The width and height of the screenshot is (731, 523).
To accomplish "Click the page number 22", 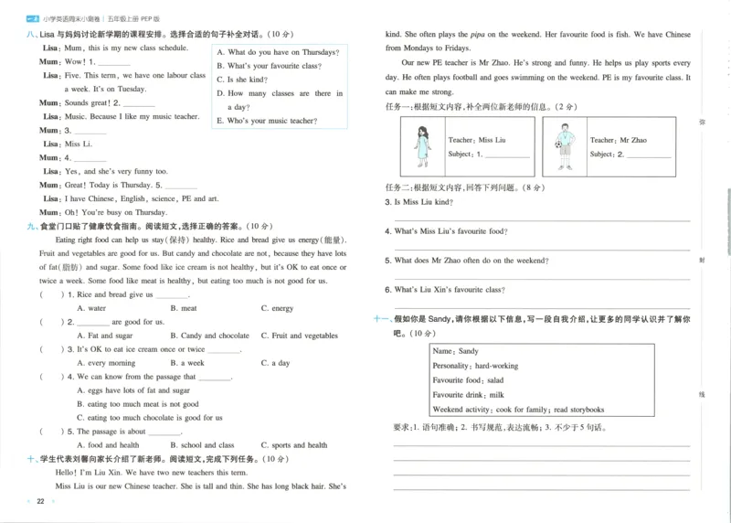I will (39, 501).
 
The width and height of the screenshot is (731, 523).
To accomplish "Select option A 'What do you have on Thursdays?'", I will (277, 53).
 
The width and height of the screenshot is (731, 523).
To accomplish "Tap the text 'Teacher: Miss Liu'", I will (476, 140).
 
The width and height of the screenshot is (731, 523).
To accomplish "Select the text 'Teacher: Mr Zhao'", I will (618, 140).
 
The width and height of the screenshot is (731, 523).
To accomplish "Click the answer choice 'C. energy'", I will (277, 308).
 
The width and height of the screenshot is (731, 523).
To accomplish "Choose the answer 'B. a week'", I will (187, 363).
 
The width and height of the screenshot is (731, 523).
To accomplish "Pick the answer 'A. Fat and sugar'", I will (105, 336).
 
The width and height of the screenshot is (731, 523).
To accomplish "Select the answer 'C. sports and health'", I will (293, 445).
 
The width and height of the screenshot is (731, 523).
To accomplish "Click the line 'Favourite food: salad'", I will (468, 380).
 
